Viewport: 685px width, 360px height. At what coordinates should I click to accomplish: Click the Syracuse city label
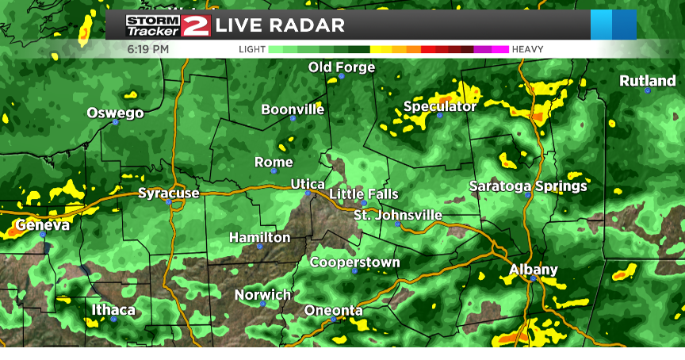pyautogui.click(x=169, y=193)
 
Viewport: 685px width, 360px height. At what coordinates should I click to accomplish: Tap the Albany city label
pyautogui.click(x=534, y=270)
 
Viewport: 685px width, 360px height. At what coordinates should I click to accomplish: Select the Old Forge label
pyautogui.click(x=342, y=67)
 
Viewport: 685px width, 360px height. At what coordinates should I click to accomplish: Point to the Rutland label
pyautogui.click(x=648, y=81)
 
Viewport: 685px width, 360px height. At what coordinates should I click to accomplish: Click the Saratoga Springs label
pyautogui.click(x=528, y=186)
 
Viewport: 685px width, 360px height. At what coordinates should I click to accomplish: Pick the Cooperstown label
pyautogui.click(x=354, y=262)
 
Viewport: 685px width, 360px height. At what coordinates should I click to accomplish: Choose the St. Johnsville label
pyautogui.click(x=398, y=215)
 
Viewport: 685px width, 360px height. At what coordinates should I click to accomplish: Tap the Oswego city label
pyautogui.click(x=116, y=113)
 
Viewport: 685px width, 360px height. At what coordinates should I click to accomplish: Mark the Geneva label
pyautogui.click(x=42, y=225)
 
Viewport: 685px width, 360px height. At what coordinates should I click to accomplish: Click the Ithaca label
pyautogui.click(x=113, y=309)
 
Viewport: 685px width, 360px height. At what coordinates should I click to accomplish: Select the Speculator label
pyautogui.click(x=440, y=106)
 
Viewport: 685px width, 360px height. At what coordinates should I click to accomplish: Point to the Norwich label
pyautogui.click(x=263, y=295)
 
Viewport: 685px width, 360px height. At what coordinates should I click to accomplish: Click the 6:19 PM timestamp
pyautogui.click(x=148, y=49)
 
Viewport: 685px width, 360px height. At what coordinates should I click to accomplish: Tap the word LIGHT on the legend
pyautogui.click(x=252, y=49)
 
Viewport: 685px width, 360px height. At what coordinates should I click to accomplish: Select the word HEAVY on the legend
pyautogui.click(x=528, y=49)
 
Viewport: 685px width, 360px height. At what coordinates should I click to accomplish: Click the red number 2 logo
pyautogui.click(x=196, y=25)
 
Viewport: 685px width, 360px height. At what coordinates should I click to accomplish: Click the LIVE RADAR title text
pyautogui.click(x=280, y=25)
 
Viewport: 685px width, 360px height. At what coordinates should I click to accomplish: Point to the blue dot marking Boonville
pyautogui.click(x=293, y=118)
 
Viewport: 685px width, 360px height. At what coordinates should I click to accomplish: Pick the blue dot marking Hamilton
pyautogui.click(x=259, y=246)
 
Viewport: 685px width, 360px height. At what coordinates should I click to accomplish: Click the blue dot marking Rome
pyautogui.click(x=274, y=170)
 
